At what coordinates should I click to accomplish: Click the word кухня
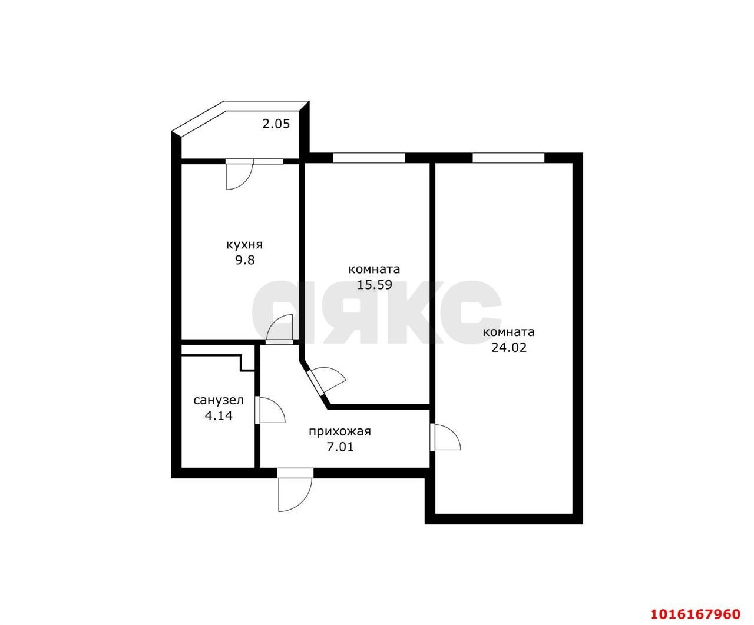click(244, 245)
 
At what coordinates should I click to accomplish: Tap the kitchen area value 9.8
click(245, 260)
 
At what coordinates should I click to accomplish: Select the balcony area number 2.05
click(276, 124)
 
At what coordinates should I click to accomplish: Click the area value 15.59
click(375, 285)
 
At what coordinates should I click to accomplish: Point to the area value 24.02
click(509, 347)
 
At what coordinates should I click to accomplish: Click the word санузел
click(219, 401)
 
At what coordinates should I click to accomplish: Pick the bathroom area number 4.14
click(219, 415)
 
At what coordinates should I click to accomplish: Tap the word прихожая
click(340, 431)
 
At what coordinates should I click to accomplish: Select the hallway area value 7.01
click(340, 447)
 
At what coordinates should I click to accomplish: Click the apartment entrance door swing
click(295, 490)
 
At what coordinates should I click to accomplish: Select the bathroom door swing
click(270, 410)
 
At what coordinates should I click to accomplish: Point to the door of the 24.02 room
click(445, 437)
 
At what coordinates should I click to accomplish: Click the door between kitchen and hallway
click(279, 328)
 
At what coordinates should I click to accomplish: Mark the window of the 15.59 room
click(369, 158)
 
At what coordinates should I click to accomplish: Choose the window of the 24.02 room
click(508, 158)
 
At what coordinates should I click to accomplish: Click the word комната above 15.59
click(374, 270)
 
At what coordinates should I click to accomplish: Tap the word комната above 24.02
click(508, 332)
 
